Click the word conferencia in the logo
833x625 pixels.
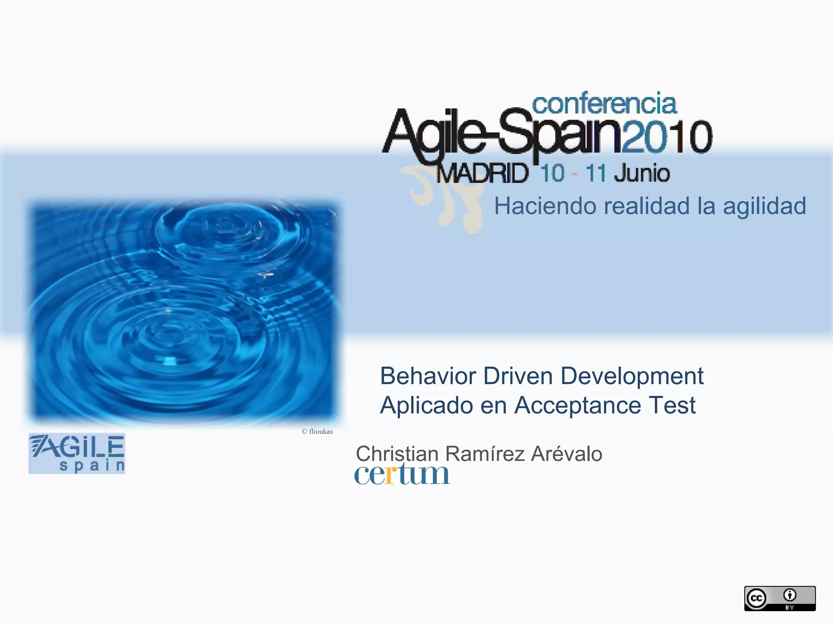pos(604,104)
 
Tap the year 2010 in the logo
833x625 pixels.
pos(667,137)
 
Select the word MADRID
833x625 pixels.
pos(483,174)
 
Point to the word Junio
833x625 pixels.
pos(642,173)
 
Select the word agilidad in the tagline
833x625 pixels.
pos(764,206)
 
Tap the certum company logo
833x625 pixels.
pos(401,474)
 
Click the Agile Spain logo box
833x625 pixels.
pos(77,453)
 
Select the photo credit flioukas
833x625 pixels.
pos(321,432)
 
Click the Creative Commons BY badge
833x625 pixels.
pos(779,598)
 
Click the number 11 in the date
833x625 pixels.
pos(596,173)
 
